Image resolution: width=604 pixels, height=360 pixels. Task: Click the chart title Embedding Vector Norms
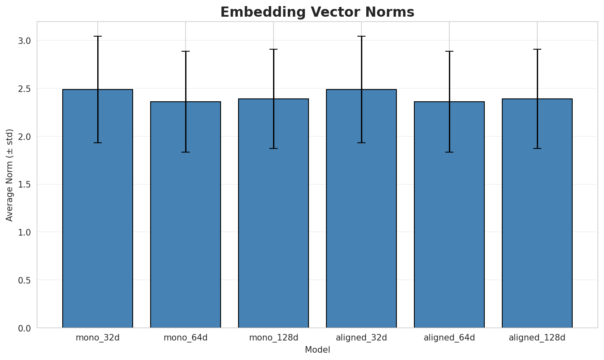pos(317,12)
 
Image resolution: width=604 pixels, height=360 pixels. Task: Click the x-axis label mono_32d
pos(98,338)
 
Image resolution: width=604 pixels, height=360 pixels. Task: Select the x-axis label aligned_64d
pos(449,338)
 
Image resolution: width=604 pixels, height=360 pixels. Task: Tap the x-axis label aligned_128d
pos(537,338)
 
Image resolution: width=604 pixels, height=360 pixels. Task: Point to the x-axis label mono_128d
pos(274,338)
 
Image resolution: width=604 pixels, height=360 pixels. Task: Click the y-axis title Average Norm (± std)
pos(10,175)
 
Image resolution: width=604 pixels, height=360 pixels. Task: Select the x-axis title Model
pos(317,350)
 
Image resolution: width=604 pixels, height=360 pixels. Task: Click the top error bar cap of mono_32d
pos(98,36)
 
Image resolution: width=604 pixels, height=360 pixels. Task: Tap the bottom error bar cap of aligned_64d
pos(449,152)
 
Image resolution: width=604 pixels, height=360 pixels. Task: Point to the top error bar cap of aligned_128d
pos(537,49)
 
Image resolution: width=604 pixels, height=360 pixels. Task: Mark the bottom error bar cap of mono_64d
pos(186,152)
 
